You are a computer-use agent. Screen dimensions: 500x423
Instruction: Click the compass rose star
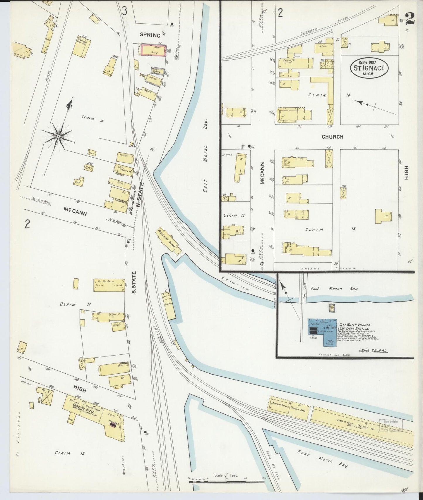click(59, 137)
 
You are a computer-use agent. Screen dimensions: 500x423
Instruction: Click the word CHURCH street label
click(332, 137)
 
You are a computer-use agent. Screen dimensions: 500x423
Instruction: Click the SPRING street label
click(150, 35)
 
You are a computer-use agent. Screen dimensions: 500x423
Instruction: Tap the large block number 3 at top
click(124, 11)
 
